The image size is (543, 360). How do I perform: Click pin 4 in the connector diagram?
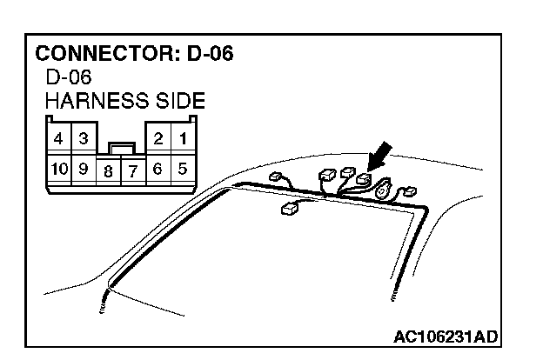(56, 139)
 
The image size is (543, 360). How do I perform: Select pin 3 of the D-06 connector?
(83, 139)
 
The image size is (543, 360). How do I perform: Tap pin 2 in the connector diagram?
(159, 139)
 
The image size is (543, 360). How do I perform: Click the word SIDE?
(177, 101)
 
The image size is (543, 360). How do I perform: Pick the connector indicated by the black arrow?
(364, 182)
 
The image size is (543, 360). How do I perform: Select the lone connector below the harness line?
(289, 209)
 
